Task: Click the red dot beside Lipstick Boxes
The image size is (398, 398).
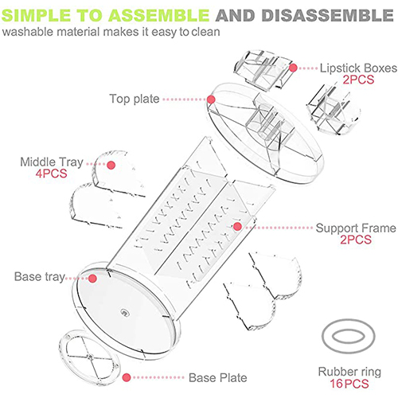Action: point(293,68)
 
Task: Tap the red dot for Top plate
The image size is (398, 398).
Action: point(211,99)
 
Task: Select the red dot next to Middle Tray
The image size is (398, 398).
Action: point(111,165)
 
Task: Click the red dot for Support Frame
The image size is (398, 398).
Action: point(237,226)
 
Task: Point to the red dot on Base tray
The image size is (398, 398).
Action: point(92,279)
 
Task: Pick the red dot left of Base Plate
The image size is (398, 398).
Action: point(127,377)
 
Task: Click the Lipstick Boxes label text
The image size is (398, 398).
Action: point(358,68)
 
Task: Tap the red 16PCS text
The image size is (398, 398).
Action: point(349,384)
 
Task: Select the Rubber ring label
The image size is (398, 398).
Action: point(349,372)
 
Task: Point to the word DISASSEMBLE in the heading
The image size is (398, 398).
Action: point(327,15)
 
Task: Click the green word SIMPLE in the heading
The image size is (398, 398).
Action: point(37,15)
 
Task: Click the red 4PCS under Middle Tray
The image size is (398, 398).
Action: point(51,174)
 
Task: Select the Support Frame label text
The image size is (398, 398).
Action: point(356,228)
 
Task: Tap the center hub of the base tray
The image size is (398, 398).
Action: point(124,312)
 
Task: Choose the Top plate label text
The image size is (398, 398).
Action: point(135,99)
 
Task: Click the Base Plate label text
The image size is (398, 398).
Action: point(218,377)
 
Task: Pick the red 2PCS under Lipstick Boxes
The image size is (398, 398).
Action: point(358,80)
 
